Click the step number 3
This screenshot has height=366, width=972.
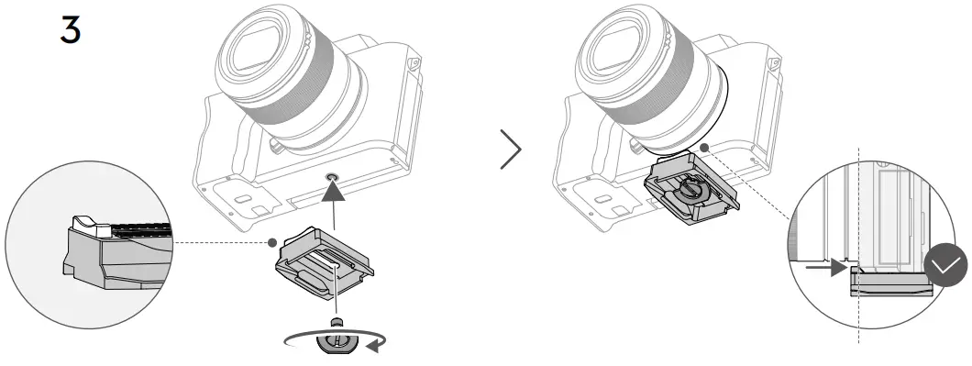point(69,29)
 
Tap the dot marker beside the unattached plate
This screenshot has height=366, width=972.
point(272,243)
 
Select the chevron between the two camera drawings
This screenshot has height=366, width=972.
point(511,150)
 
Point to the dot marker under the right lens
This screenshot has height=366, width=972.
point(702,146)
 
